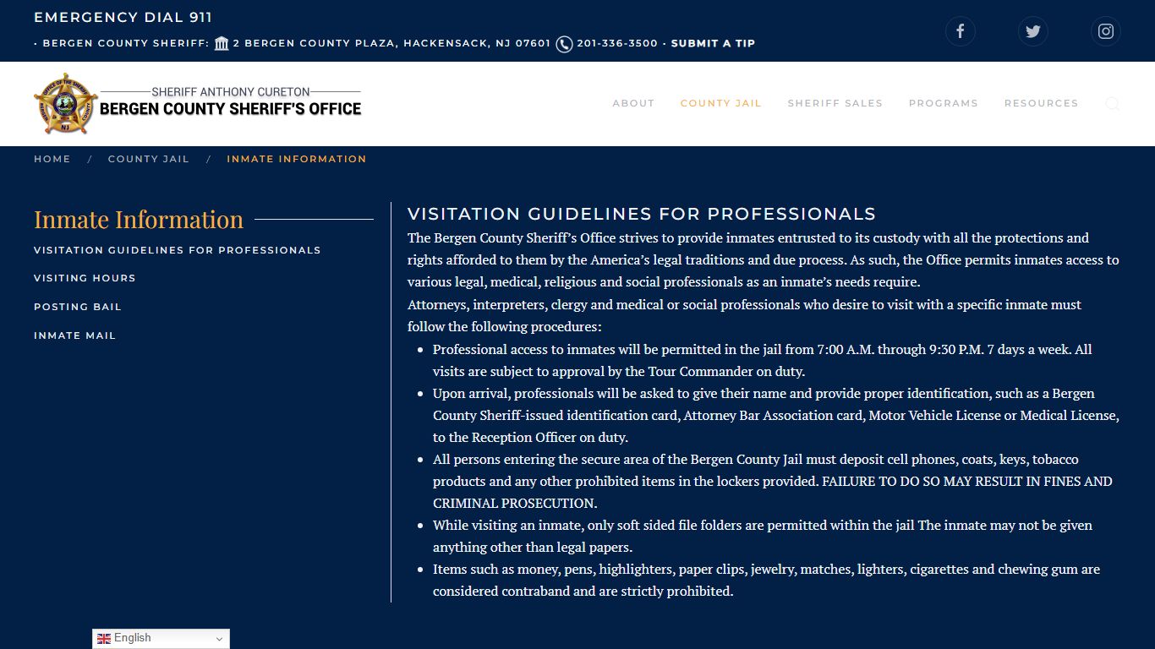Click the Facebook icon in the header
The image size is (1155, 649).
pos(960,31)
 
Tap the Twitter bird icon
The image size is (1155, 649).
pos(1032,31)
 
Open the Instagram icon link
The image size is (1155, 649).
pos(1105,31)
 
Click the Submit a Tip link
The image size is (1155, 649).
pos(713,43)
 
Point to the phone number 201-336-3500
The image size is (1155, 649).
pos(616,43)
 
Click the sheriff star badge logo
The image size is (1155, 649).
pos(65,104)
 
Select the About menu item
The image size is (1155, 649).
pos(633,103)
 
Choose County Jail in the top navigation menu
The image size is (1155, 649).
pos(720,103)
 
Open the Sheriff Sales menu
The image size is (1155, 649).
pos(835,103)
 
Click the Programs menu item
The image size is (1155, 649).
pos(943,103)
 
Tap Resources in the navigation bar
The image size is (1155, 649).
pos(1041,103)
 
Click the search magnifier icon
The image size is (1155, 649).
pos(1112,104)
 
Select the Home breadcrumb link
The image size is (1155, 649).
pos(52,159)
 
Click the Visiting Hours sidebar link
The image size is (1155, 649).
pos(85,278)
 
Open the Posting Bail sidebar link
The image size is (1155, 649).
pos(78,307)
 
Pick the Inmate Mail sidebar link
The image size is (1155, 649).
pos(74,335)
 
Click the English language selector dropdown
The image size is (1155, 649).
pos(161,639)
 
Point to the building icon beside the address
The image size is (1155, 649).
pos(222,43)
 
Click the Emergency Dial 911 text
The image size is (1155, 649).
pos(123,17)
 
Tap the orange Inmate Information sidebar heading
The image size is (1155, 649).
pos(139,220)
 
